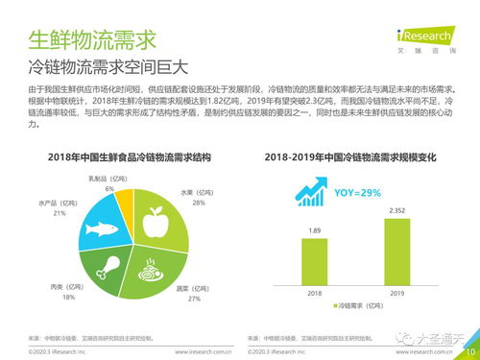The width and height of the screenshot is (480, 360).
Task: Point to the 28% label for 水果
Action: tap(199, 204)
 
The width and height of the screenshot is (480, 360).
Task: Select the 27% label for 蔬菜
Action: tap(193, 299)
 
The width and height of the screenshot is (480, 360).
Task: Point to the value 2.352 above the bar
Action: tap(396, 209)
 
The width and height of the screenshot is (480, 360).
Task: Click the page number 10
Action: tap(468, 351)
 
